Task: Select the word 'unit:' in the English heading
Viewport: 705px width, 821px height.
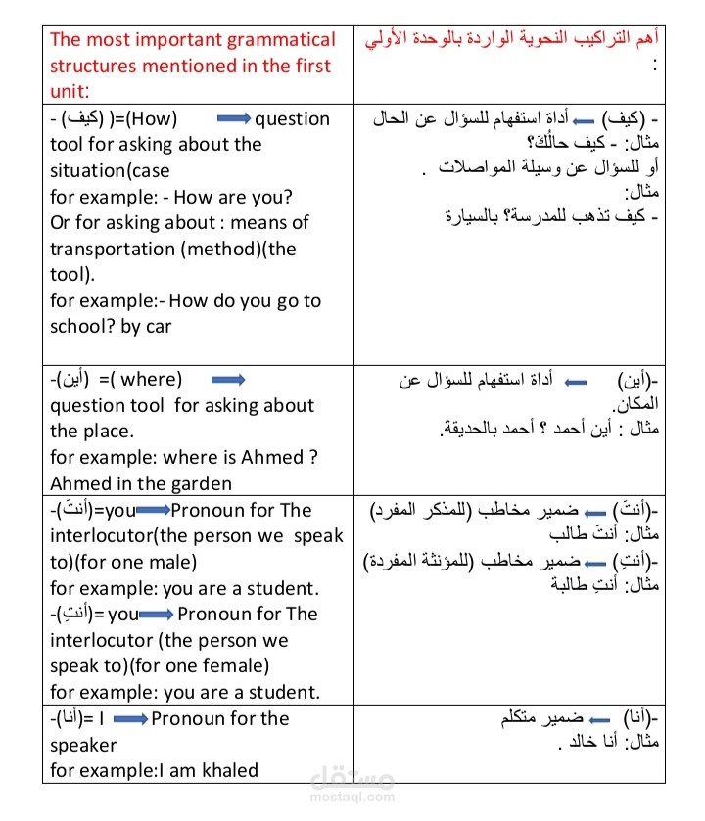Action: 70,92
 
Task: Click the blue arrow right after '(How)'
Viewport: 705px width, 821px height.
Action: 232,119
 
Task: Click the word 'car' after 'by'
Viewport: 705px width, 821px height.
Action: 159,327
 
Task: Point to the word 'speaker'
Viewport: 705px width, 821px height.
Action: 83,745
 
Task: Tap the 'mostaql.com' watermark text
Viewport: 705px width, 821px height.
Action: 352,797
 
